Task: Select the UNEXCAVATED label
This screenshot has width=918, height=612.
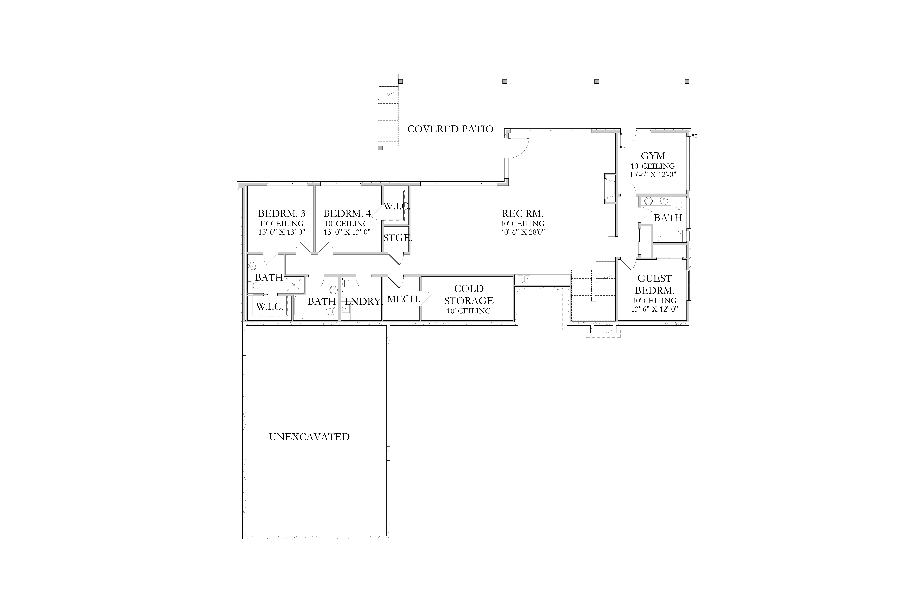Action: click(309, 437)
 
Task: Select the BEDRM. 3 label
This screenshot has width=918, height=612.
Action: click(281, 213)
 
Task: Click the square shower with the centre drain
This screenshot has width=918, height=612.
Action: click(294, 285)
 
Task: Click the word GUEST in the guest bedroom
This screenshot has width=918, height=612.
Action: click(655, 279)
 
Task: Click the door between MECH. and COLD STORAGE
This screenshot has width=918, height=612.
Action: click(426, 299)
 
